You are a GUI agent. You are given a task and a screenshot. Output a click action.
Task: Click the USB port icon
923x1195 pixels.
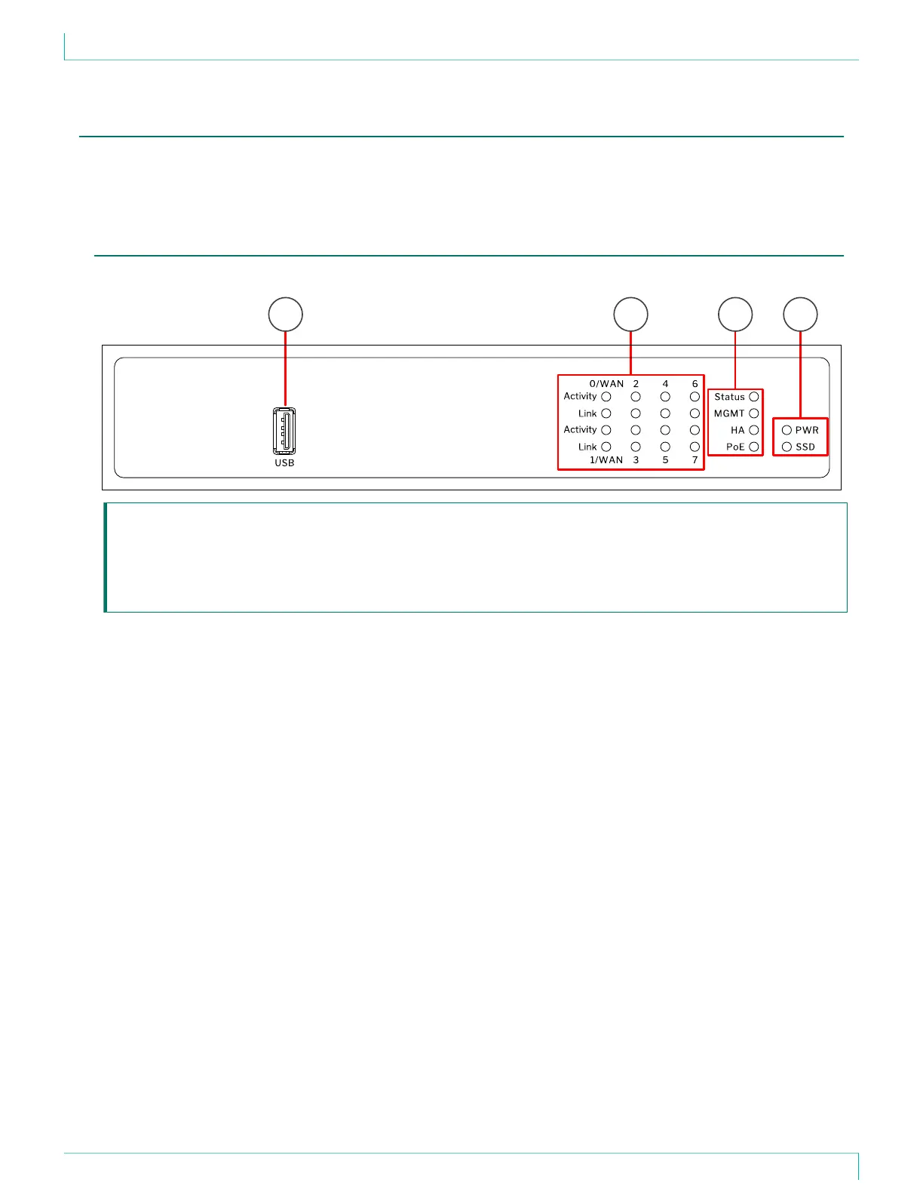pos(284,432)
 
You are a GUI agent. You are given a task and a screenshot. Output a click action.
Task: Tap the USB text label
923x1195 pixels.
pos(284,463)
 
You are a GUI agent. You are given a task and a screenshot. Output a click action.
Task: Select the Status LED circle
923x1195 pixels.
pos(753,397)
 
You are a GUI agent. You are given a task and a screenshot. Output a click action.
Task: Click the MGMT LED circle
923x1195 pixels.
pos(753,413)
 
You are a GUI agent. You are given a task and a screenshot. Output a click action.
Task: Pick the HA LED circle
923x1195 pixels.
pos(753,430)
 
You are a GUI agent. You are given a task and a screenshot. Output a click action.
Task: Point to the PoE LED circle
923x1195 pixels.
pos(753,447)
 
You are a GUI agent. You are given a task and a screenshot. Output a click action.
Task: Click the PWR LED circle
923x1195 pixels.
pos(787,430)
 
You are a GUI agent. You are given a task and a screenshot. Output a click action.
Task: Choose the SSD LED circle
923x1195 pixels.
pos(787,447)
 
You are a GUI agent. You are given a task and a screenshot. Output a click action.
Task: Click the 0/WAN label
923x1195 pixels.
pos(606,384)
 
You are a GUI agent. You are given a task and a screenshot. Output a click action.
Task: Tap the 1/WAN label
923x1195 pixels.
pos(606,460)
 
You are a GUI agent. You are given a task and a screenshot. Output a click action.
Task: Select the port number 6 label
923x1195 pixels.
pos(695,384)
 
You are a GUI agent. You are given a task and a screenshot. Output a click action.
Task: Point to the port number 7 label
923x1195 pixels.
pos(695,460)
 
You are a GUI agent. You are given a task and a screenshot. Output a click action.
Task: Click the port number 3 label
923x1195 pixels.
pos(636,460)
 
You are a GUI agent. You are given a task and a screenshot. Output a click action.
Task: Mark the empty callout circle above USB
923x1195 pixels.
pos(286,315)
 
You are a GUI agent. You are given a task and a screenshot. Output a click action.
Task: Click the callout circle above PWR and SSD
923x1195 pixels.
pos(800,315)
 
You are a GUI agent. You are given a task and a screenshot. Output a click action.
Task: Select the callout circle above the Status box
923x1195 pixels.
pos(735,315)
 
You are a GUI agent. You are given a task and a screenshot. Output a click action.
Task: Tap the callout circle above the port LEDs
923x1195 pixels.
pos(630,315)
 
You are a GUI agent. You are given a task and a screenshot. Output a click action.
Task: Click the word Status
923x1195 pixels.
pos(729,397)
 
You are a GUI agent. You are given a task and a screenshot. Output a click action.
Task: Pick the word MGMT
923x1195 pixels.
pos(729,413)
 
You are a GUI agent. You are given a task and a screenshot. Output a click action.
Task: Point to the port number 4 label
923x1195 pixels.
pos(665,384)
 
